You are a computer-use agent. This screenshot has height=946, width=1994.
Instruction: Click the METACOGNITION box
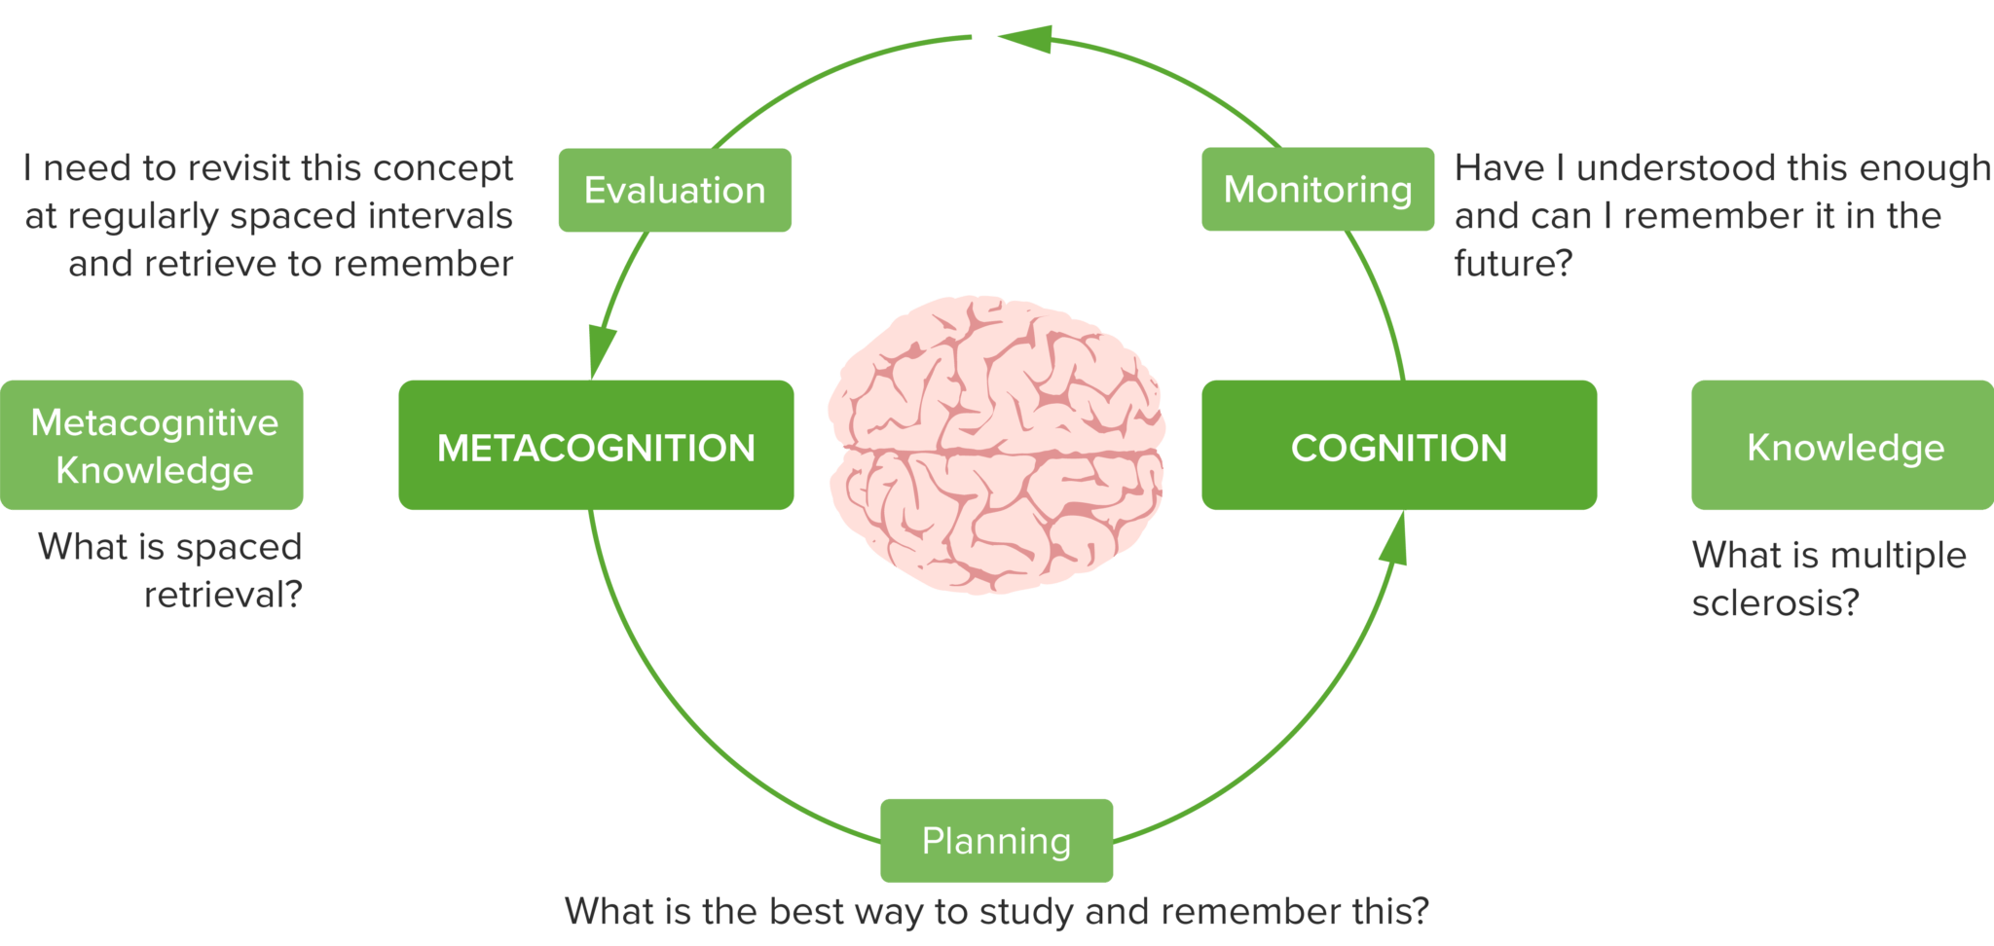point(596,446)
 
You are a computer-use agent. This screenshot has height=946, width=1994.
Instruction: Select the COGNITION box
point(1398,446)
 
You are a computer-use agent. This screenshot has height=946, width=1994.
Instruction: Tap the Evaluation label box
point(675,190)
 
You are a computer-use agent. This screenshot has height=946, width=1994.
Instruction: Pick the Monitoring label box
point(1317,190)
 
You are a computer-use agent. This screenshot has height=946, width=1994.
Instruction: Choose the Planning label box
point(996,841)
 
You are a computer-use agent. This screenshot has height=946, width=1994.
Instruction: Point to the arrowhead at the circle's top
point(1023,39)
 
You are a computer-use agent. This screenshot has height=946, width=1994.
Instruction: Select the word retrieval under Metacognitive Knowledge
point(223,595)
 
